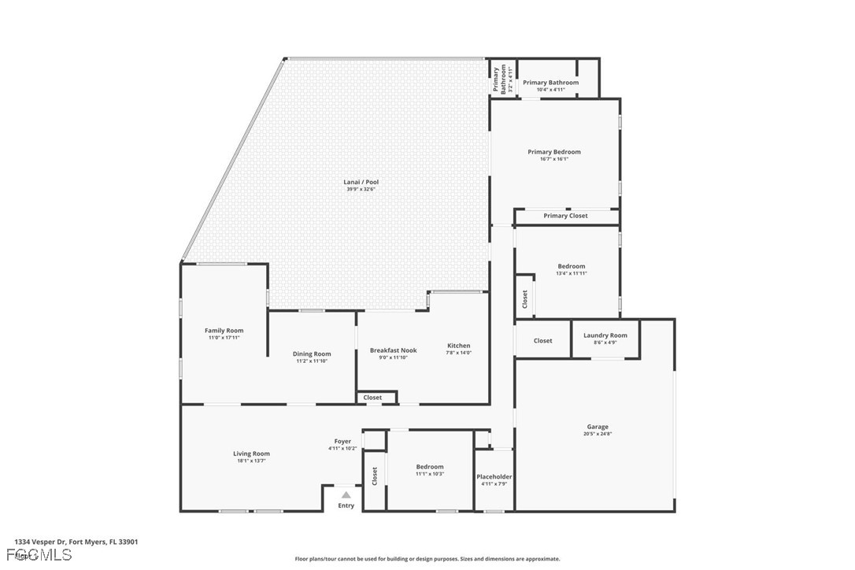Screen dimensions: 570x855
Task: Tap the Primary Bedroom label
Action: click(553, 152)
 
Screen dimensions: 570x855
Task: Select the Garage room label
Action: click(597, 427)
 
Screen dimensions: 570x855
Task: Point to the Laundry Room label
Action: click(605, 335)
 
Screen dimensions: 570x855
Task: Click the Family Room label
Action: click(224, 331)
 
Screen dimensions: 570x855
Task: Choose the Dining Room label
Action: click(312, 354)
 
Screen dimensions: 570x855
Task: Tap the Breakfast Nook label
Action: click(393, 350)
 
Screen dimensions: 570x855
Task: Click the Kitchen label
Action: click(458, 346)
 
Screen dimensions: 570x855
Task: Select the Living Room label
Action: click(251, 453)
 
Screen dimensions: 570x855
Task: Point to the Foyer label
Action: click(342, 442)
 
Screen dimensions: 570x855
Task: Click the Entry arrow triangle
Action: click(346, 494)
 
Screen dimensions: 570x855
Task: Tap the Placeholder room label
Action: click(494, 477)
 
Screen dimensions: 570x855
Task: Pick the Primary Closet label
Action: click(565, 216)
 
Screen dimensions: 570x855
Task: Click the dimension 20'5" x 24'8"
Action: click(597, 434)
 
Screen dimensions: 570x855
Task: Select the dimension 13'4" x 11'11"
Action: click(571, 273)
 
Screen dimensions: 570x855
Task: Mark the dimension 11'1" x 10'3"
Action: click(430, 474)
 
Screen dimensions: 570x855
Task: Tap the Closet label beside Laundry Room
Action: click(542, 341)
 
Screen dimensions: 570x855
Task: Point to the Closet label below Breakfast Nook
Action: click(372, 398)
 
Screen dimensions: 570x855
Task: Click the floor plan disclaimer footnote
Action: click(427, 559)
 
